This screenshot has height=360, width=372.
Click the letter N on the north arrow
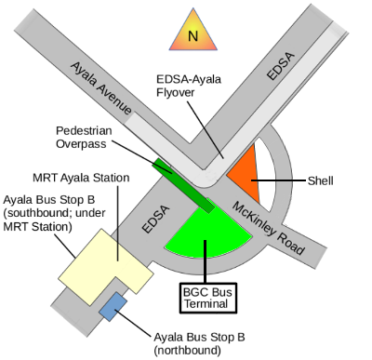click(x=193, y=36)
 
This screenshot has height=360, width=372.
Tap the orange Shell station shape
click(x=245, y=168)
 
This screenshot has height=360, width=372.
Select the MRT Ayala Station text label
click(x=80, y=177)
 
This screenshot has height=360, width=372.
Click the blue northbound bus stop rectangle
click(x=114, y=307)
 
